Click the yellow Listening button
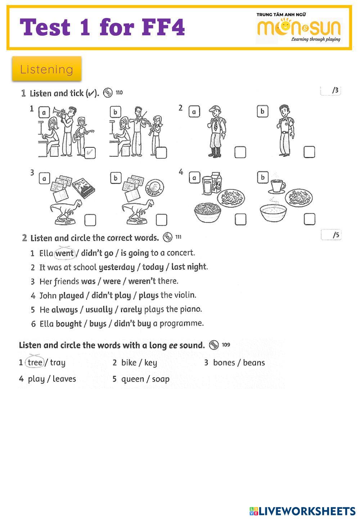47,69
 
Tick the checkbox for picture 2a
240,152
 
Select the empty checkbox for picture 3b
161,219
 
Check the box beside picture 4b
309,219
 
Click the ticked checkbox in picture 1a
90,152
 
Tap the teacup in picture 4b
277,186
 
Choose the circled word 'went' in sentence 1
65,253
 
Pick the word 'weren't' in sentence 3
142,281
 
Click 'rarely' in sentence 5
131,309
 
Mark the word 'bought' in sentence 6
69,323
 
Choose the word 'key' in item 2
150,363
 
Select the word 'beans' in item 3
254,363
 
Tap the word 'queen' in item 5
132,379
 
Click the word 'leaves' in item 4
64,379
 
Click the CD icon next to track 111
168,237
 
